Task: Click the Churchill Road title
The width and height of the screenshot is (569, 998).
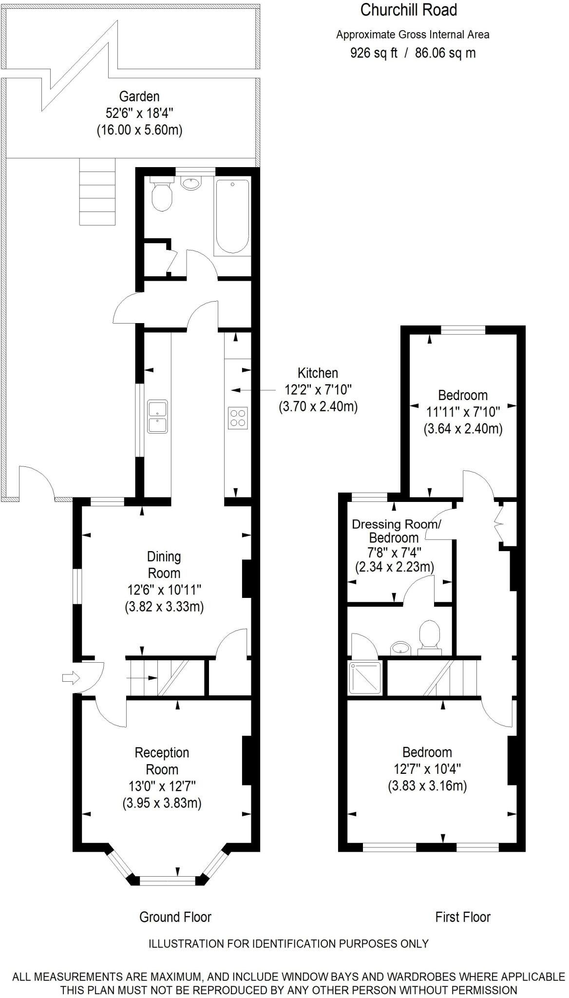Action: (x=408, y=10)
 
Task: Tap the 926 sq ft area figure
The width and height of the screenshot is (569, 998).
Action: (x=374, y=53)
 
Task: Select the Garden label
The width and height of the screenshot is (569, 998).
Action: (x=139, y=96)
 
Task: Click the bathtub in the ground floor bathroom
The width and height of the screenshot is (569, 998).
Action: (x=232, y=216)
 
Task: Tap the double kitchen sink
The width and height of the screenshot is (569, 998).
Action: (x=157, y=417)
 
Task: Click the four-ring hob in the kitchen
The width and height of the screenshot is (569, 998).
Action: (x=238, y=418)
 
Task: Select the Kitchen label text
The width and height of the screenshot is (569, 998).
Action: (x=318, y=373)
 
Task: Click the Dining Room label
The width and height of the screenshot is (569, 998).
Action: (x=164, y=565)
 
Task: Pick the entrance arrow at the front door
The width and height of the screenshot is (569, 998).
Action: (x=71, y=678)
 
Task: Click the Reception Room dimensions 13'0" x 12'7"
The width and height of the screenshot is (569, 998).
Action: (x=162, y=786)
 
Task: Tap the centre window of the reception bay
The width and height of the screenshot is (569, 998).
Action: (x=167, y=881)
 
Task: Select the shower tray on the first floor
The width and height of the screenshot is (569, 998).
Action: (x=365, y=678)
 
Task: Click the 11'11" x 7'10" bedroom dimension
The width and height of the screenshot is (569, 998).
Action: (x=463, y=412)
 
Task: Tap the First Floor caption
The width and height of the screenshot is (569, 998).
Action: (x=462, y=917)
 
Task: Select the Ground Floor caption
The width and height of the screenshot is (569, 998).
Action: (x=175, y=917)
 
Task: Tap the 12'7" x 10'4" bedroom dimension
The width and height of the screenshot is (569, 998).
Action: (x=427, y=769)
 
